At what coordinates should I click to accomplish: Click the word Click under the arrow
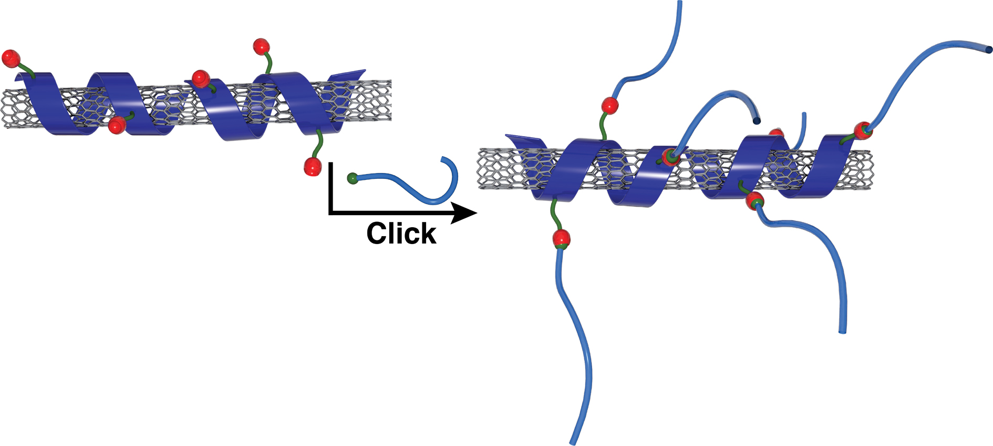401,234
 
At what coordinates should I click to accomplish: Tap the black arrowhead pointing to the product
464,213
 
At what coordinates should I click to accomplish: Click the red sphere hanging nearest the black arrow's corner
312,167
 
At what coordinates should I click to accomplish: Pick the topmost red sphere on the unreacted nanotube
261,46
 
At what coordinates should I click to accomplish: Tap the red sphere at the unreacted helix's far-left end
11,58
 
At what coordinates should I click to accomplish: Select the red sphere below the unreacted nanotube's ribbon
116,125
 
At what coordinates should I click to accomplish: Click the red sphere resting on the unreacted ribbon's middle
201,79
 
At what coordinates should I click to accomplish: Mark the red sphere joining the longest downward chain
561,238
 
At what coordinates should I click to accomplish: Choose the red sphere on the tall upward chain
609,105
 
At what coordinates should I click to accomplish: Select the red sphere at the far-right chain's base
863,130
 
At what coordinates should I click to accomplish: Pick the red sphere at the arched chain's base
670,157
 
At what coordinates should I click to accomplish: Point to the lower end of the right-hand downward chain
843,331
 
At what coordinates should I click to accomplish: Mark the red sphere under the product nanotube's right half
755,201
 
